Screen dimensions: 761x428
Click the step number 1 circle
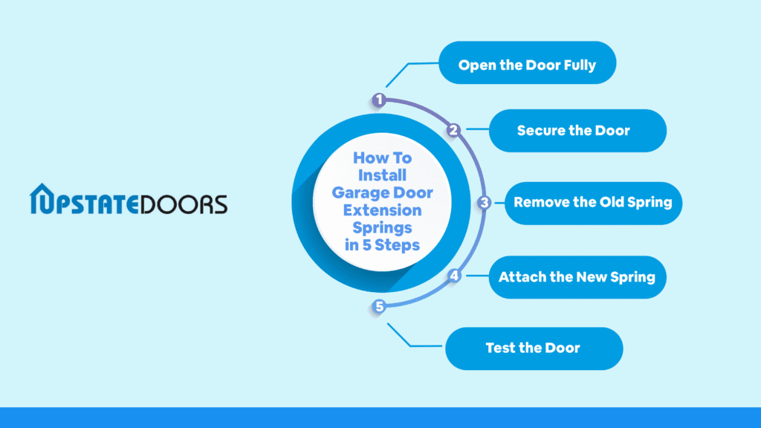click(379, 100)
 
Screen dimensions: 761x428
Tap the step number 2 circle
click(454, 130)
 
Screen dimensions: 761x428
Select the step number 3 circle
click(484, 203)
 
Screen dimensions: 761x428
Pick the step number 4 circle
click(454, 276)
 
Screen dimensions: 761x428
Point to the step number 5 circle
click(379, 307)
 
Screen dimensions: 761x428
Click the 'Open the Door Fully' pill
click(528, 62)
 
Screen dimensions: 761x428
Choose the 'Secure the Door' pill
click(577, 131)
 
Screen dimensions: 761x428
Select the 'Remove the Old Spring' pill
click(593, 204)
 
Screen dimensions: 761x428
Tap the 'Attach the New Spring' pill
click(577, 277)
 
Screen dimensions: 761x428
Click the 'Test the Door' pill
click(534, 348)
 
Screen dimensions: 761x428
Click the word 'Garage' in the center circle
click(360, 193)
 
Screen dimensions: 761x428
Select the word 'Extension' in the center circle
click(383, 210)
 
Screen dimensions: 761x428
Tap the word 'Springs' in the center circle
click(383, 228)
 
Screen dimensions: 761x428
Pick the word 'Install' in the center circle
click(383, 175)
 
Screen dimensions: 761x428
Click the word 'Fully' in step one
click(580, 65)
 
